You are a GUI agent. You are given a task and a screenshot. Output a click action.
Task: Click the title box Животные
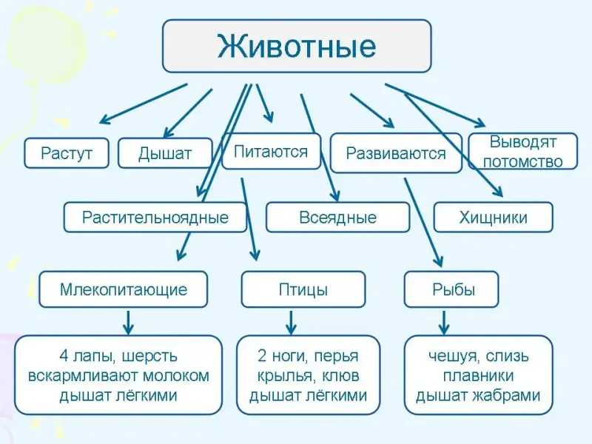pyautogui.click(x=296, y=46)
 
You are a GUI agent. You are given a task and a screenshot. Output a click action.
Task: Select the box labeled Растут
pyautogui.click(x=67, y=153)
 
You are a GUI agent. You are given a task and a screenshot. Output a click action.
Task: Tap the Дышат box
pyautogui.click(x=165, y=153)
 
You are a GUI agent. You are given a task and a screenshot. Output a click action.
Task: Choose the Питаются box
pyautogui.click(x=271, y=152)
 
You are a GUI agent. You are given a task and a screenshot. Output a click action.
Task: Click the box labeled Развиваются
pyautogui.click(x=396, y=153)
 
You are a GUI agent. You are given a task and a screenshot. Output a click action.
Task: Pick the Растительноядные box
pyautogui.click(x=155, y=218)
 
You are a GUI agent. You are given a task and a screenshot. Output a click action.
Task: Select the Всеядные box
pyautogui.click(x=337, y=218)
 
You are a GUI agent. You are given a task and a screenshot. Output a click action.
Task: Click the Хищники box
pyautogui.click(x=493, y=218)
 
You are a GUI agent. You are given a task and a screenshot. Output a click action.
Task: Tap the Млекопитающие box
pyautogui.click(x=124, y=289)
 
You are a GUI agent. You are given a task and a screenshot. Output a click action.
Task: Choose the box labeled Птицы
pyautogui.click(x=303, y=289)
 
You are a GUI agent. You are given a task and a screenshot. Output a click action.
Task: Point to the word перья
pyautogui.click(x=339, y=356)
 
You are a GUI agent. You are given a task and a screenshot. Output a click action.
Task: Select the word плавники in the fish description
pyautogui.click(x=478, y=375)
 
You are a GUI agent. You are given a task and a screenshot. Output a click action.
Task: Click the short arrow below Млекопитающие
pyautogui.click(x=127, y=321)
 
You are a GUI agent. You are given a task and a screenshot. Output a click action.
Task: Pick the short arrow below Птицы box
pyautogui.click(x=291, y=321)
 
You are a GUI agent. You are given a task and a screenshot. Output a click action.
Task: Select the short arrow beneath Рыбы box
pyautogui.click(x=444, y=321)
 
